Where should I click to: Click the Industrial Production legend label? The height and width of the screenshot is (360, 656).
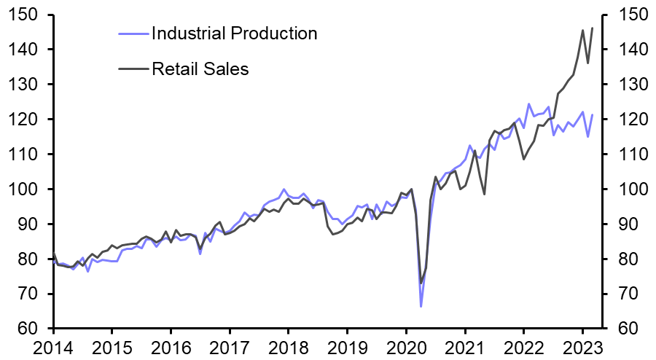pos(234,33)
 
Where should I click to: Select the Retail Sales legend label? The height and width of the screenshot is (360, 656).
pos(200,69)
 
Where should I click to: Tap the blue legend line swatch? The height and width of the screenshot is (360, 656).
pos(133,33)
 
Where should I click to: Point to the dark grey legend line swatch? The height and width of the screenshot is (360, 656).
pos(133,69)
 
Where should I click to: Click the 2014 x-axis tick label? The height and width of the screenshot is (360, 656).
pos(53,346)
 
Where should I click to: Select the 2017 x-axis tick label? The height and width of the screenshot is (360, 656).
pos(230,346)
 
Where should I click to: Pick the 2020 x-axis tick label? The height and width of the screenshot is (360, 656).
pos(406,346)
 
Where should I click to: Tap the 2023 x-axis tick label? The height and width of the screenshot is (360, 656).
pos(582,346)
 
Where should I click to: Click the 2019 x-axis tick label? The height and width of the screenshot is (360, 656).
pos(347,346)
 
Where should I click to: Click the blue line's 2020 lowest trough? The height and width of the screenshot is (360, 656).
pos(421,306)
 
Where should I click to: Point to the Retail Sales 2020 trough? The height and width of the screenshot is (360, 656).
pos(421,283)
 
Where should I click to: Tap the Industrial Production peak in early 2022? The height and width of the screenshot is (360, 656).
pos(528,104)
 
